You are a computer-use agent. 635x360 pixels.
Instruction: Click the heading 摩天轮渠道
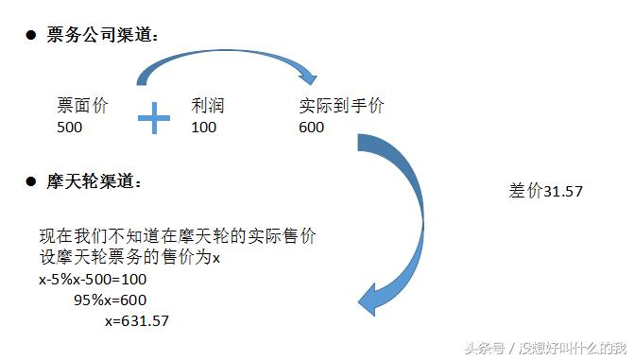coord(94,180)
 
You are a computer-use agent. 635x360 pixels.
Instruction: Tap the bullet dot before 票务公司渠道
coord(30,35)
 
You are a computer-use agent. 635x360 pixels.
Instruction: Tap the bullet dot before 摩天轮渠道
coord(30,180)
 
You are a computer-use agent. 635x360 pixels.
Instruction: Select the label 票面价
coord(82,106)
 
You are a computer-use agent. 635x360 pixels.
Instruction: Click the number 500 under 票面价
coord(69,126)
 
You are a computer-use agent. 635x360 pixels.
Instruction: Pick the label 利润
coord(208,106)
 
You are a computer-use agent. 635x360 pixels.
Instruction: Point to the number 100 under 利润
coord(204,126)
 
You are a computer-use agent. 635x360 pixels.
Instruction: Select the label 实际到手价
coord(341,106)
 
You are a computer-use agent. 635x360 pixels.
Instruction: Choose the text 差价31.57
coord(545,191)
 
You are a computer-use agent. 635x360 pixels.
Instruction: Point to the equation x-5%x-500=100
coord(93,280)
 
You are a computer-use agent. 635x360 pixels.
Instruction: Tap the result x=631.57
coord(137,321)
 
